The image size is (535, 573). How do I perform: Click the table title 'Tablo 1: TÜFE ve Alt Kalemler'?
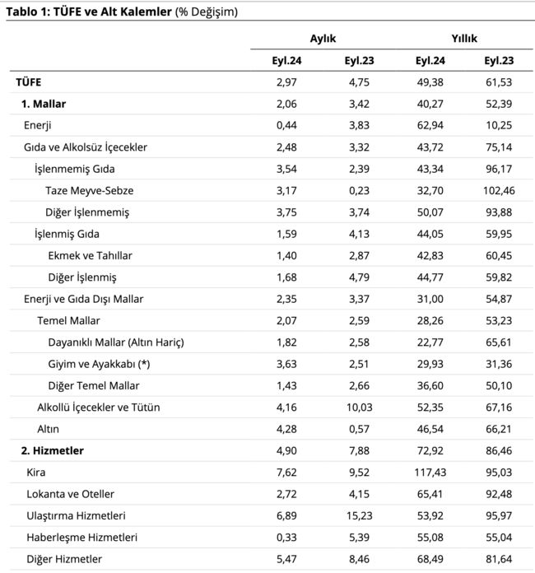89,12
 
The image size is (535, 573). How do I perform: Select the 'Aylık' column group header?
323,39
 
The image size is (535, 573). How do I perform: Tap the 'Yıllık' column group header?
464,39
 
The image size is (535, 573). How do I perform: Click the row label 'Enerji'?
37,125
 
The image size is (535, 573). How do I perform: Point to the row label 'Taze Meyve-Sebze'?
89,190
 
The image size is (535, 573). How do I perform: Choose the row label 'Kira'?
36,472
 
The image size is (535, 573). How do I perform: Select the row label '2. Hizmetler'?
52,450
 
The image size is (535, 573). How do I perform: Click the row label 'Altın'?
48,429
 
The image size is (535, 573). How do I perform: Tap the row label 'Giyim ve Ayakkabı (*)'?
99,364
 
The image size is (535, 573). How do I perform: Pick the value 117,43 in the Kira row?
430,472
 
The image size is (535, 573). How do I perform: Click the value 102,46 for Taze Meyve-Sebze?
499,190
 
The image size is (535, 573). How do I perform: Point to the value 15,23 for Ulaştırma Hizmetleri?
359,515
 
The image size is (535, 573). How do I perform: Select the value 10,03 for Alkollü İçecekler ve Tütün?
359,407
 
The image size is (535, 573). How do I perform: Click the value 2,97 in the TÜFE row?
286,82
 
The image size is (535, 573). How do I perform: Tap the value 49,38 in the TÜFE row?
430,82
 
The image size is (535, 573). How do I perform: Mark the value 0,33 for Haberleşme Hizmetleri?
286,537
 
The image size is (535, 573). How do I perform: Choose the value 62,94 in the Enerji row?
430,125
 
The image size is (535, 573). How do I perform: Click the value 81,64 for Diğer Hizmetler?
499,559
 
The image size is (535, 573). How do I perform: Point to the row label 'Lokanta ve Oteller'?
70,494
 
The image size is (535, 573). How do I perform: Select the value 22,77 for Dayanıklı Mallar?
430,342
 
